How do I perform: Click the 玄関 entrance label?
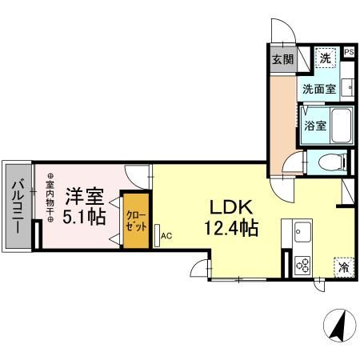(282, 59)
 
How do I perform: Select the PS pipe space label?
(349, 53)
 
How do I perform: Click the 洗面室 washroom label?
(318, 89)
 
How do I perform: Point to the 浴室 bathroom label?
(314, 126)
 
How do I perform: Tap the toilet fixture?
(330, 162)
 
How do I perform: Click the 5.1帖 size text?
(84, 217)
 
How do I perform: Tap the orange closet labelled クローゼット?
(134, 219)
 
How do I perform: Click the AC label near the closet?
(166, 236)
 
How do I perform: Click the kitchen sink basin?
(302, 233)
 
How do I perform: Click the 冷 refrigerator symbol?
(342, 267)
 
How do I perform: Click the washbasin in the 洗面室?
(347, 86)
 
